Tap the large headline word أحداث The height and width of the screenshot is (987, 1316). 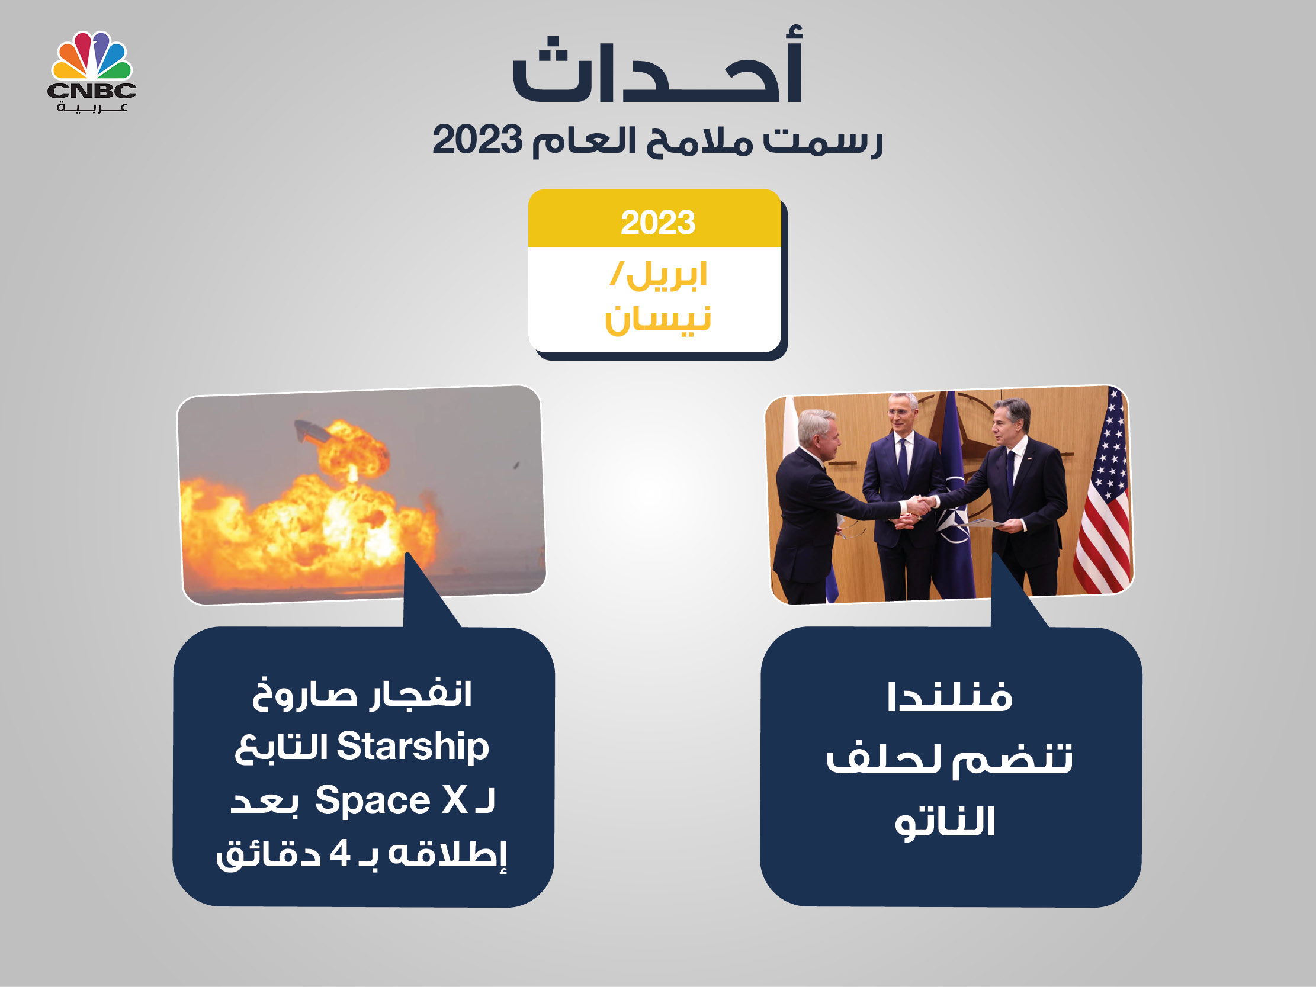click(658, 65)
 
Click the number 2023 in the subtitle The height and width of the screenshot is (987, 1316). click(477, 140)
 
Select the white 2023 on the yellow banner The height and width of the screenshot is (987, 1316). click(657, 223)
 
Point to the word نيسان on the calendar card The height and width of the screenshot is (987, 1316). click(658, 320)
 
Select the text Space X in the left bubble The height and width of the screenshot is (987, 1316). click(391, 800)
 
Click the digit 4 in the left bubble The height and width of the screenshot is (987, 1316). click(340, 854)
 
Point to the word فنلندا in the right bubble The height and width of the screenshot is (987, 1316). click(949, 697)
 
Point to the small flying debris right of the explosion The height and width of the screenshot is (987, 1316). click(516, 465)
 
